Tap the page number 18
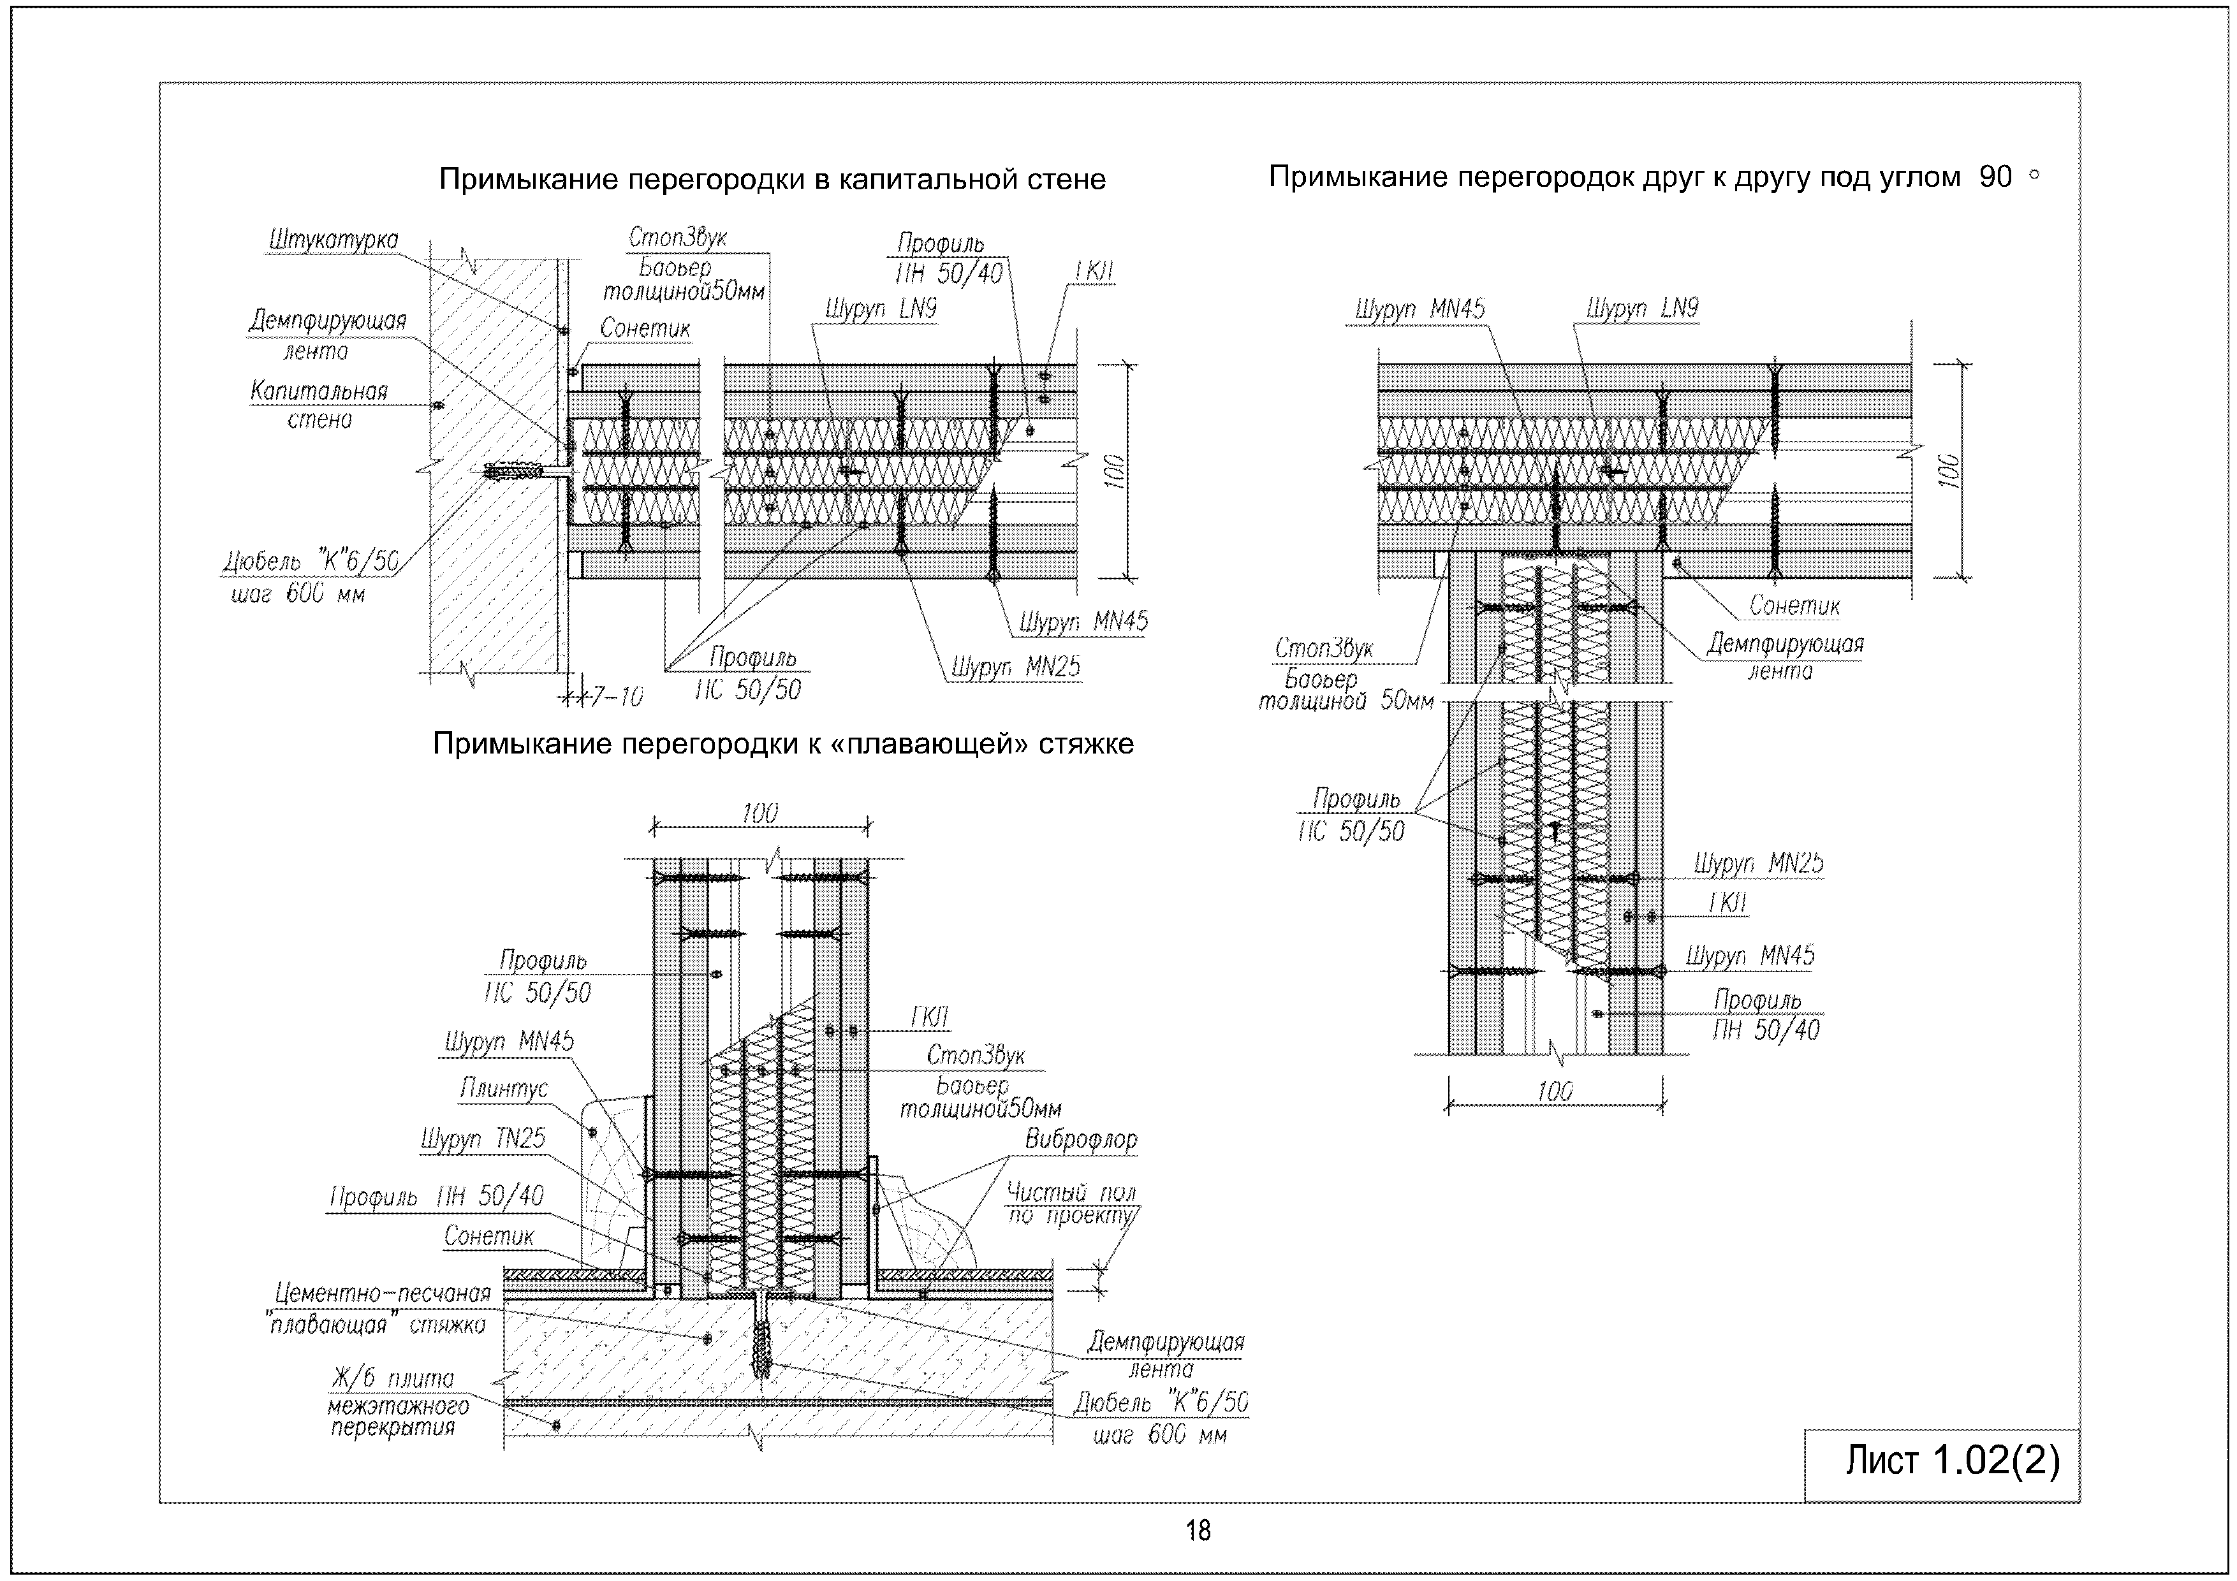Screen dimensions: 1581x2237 click(x=1198, y=1531)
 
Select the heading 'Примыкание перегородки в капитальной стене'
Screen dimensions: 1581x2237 click(x=772, y=179)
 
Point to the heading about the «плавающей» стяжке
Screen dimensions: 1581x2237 click(x=782, y=743)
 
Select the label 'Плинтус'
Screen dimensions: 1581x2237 click(x=504, y=1088)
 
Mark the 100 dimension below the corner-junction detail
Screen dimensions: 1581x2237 click(x=1554, y=1091)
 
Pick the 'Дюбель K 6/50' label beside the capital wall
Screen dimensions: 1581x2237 click(x=310, y=576)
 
